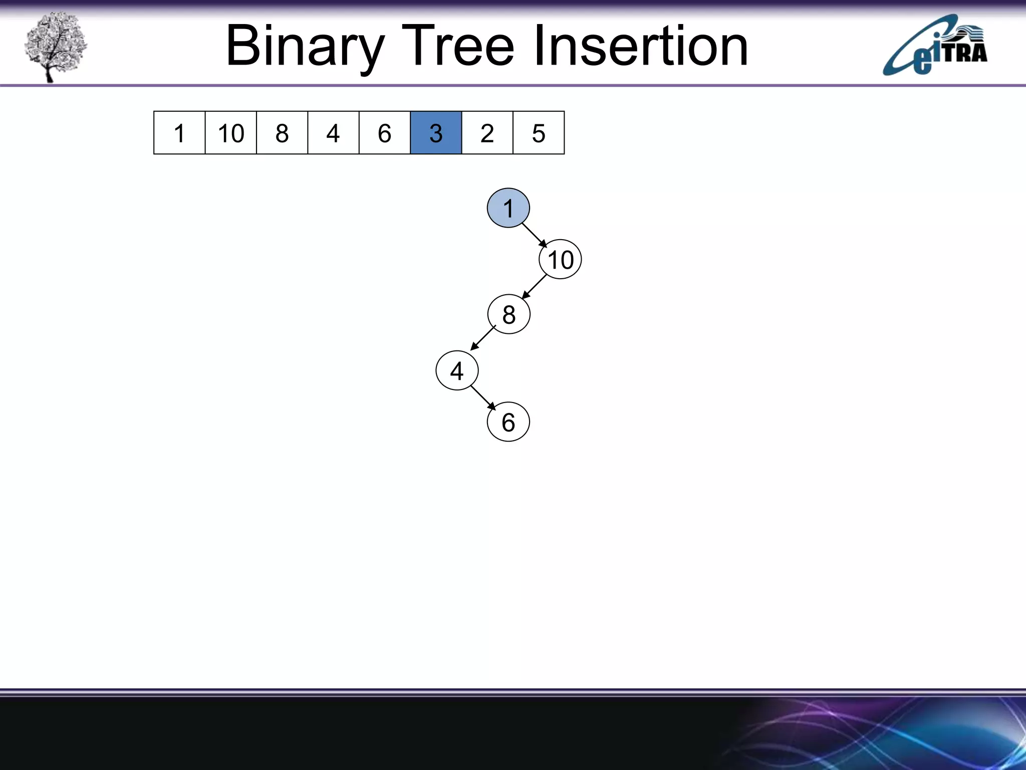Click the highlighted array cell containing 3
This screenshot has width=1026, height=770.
point(436,133)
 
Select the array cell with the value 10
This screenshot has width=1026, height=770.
point(231,133)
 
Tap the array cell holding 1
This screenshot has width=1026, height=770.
point(179,133)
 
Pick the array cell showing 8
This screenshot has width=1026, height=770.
point(282,133)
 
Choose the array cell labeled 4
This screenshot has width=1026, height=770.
point(333,133)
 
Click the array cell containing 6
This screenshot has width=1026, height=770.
point(385,133)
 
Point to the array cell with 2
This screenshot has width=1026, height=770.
point(487,133)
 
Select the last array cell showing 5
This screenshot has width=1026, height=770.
point(539,133)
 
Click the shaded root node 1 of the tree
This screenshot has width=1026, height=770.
point(508,208)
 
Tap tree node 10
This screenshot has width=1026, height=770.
point(560,260)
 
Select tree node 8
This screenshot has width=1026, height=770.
point(509,314)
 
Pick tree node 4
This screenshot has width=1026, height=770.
point(457,371)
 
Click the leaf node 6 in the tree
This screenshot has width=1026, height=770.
point(508,422)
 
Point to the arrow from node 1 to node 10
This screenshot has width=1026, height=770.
point(535,235)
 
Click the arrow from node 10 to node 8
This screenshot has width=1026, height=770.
point(534,287)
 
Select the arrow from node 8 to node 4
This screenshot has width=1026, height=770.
point(483,338)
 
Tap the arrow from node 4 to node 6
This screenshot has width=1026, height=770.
point(483,398)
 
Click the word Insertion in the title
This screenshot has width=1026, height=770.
point(641,46)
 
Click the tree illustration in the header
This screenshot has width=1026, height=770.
point(55,46)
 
